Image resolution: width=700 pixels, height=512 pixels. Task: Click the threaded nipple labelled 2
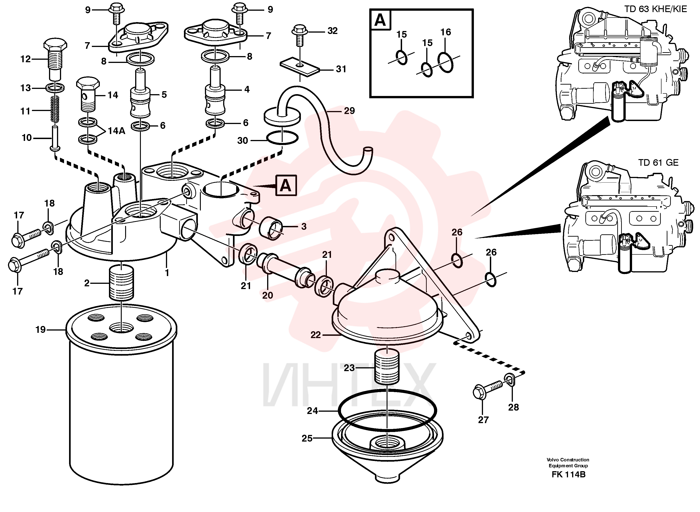tap(122, 283)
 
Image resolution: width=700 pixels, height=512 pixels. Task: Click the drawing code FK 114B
tap(569, 474)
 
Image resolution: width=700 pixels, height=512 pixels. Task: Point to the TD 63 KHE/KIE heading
tap(655, 9)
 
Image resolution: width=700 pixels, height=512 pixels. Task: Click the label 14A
tap(116, 131)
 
